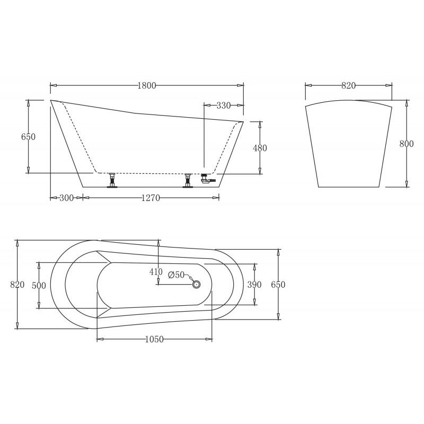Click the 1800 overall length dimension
click(147, 85)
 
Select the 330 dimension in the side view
click(223, 105)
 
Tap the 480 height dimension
click(260, 148)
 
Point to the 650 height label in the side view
click(28, 137)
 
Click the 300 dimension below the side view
click(66, 198)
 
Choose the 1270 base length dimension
click(151, 198)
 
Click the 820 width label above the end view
click(348, 85)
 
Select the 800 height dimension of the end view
click(406, 144)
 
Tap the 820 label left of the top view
click(17, 285)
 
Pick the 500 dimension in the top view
click(39, 285)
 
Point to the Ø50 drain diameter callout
click(176, 275)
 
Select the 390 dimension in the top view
click(254, 285)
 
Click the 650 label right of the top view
click(278, 285)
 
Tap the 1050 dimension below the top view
click(154, 339)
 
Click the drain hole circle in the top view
click(196, 285)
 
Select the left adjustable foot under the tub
click(112, 180)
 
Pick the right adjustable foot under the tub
click(187, 180)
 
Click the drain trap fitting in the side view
click(207, 180)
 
